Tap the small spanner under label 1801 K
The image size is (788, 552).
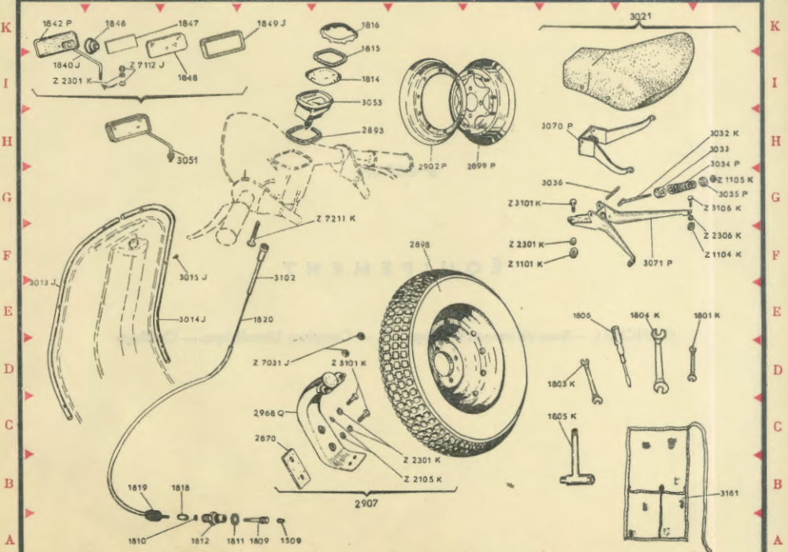(693, 359)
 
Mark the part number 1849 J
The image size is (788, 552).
(272, 24)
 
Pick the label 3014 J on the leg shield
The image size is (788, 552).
(191, 319)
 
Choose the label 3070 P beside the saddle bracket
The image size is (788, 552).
(556, 125)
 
